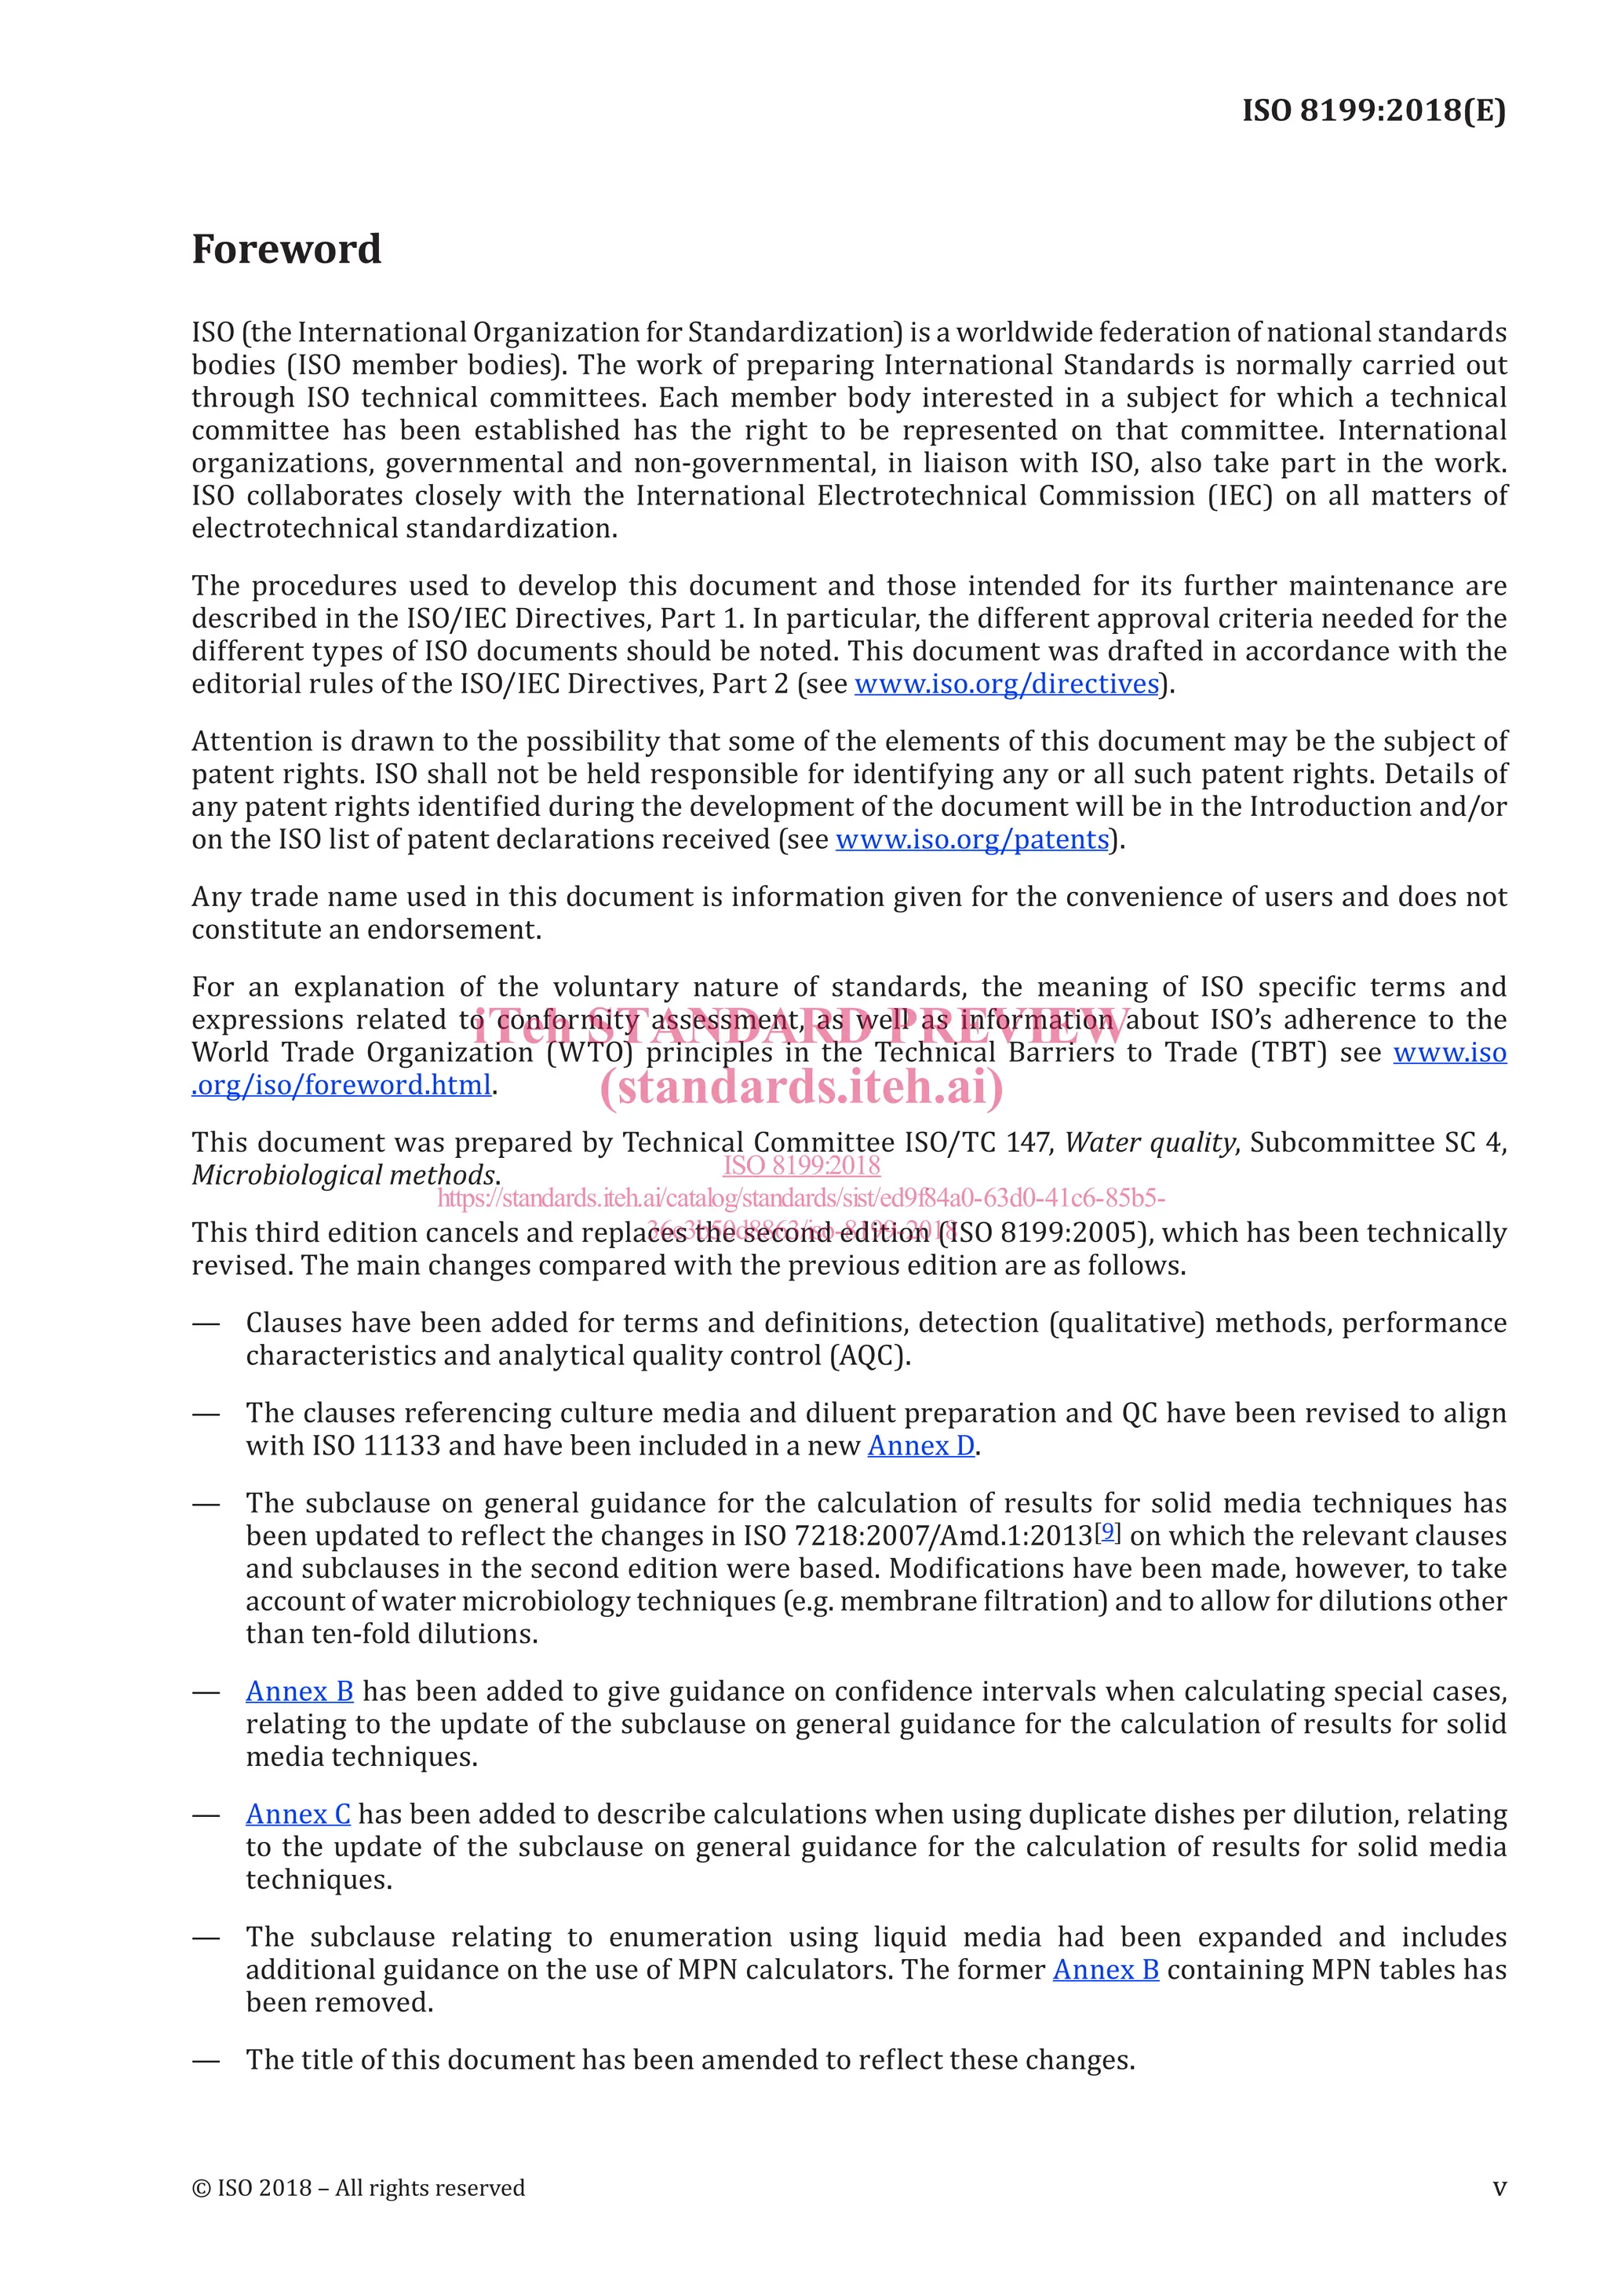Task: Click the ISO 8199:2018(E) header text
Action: click(1373, 110)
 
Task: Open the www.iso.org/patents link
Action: click(971, 839)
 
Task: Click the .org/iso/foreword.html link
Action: click(341, 1086)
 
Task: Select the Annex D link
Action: click(920, 1446)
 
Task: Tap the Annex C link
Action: click(298, 1814)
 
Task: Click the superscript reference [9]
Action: click(1108, 1532)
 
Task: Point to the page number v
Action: click(1500, 2188)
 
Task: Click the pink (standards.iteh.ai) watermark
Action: click(801, 1087)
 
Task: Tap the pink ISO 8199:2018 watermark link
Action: click(801, 1166)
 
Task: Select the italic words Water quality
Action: click(1150, 1143)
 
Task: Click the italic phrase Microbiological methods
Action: click(344, 1175)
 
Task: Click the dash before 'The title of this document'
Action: click(206, 2060)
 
